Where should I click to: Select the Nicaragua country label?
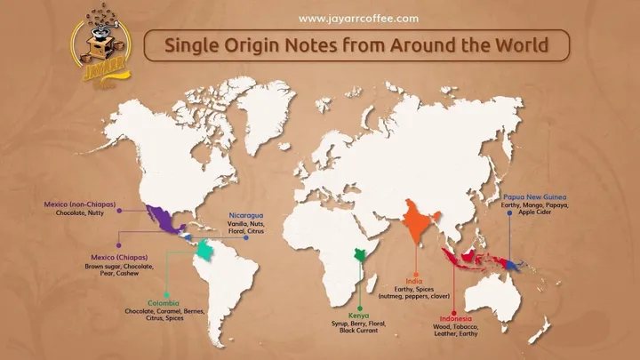[x=246, y=216]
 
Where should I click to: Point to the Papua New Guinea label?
[x=534, y=196]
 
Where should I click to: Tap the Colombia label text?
[x=164, y=302]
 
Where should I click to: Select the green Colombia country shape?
[x=206, y=251]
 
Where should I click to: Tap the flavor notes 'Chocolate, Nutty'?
[x=81, y=213]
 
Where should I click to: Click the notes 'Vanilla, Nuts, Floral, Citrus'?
[x=246, y=230]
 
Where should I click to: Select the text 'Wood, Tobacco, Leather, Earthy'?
[x=454, y=330]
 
